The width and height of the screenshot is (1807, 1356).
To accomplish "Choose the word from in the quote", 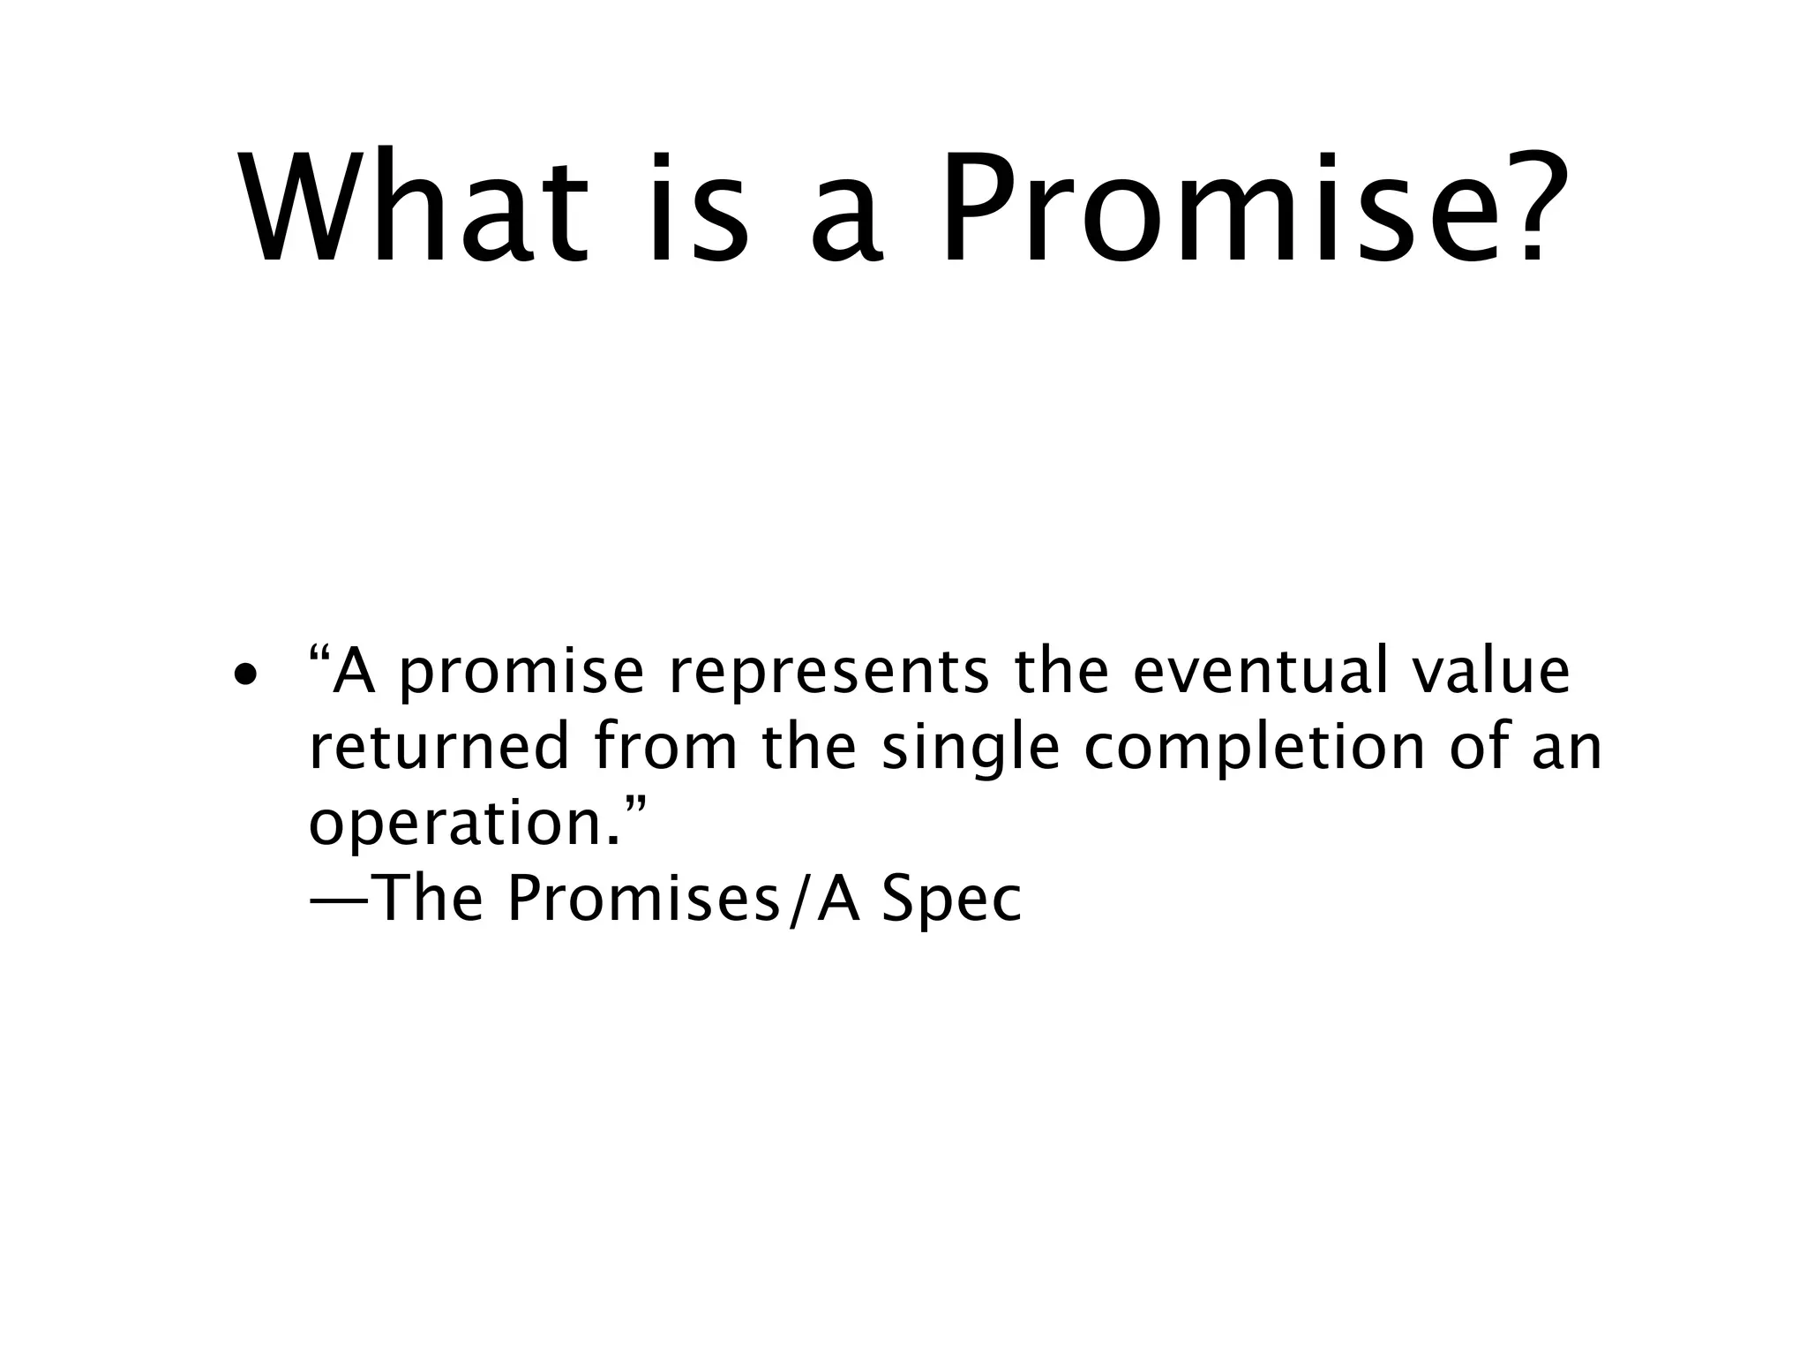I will click(664, 747).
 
